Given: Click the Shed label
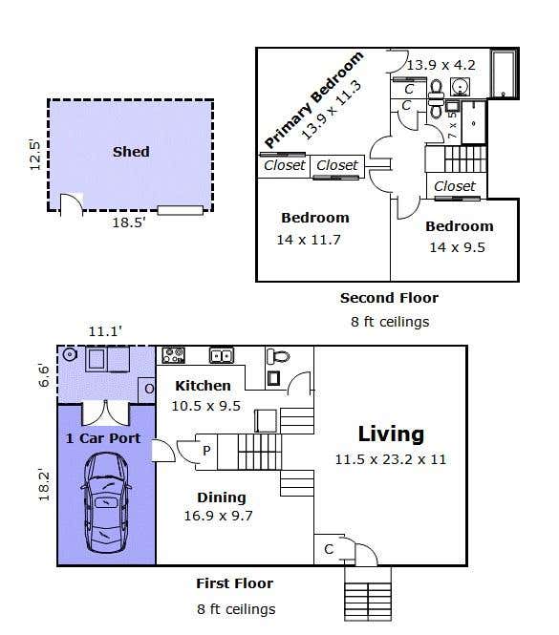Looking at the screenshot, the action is click(131, 152).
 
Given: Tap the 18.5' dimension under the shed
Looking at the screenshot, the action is click(128, 222).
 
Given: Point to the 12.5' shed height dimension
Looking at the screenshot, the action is click(35, 155).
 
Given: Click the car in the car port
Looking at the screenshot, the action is click(106, 502).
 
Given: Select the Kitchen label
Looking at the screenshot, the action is click(203, 386).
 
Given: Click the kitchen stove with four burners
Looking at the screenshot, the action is click(173, 355).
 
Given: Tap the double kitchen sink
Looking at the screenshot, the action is click(222, 355).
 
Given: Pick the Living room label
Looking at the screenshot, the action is click(391, 434).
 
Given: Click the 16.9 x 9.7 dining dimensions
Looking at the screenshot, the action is click(219, 516).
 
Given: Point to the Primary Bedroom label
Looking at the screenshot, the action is click(314, 99).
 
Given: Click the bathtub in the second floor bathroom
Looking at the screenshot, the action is click(505, 74).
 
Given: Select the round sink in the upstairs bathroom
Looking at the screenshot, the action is click(461, 86).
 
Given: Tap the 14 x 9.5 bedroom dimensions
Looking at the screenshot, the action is click(458, 247).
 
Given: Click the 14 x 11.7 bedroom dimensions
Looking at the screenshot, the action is click(309, 240).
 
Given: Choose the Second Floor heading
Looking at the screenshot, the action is click(389, 298).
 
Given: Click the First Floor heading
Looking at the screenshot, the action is click(235, 583).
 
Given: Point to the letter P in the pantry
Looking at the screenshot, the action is click(206, 451).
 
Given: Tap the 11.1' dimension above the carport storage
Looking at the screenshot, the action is click(105, 331).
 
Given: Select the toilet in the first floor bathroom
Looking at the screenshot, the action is click(278, 357).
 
